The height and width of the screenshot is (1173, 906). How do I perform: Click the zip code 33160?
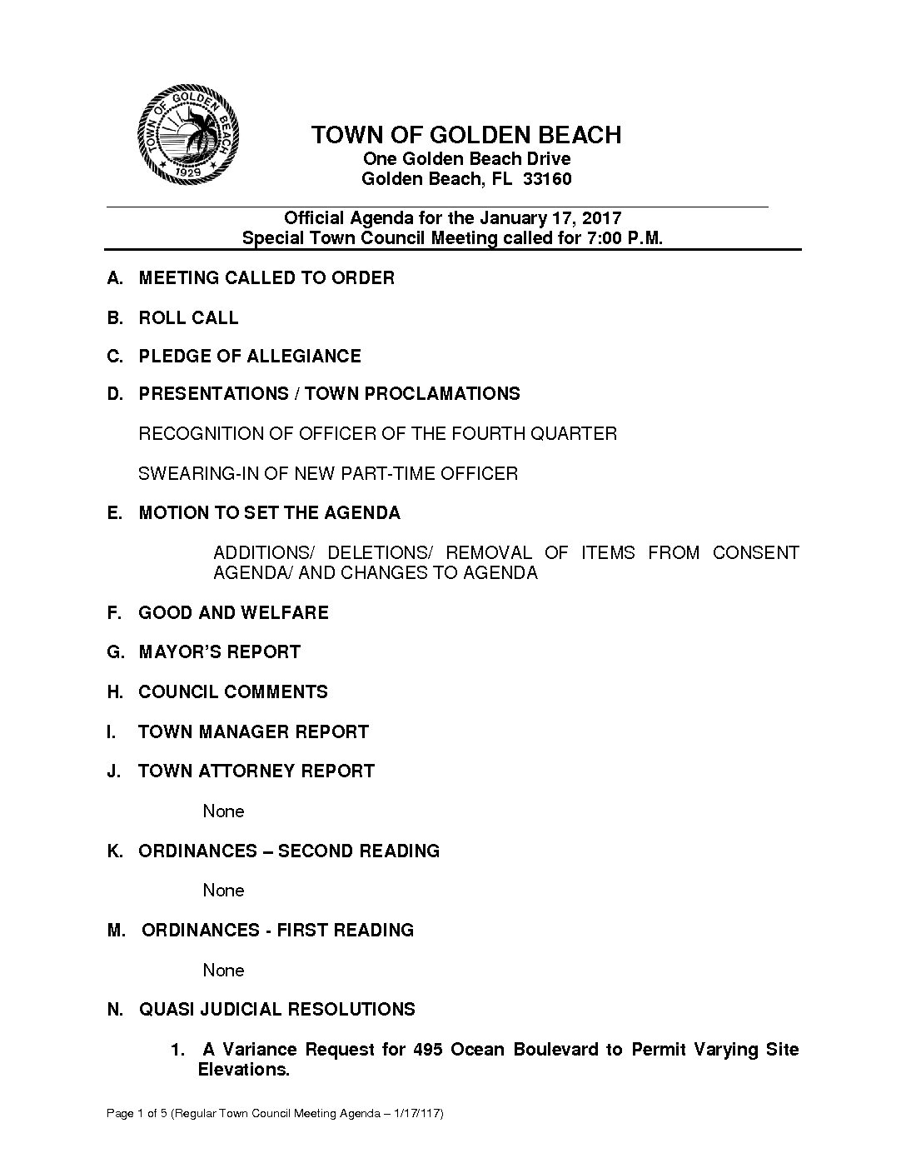point(547,179)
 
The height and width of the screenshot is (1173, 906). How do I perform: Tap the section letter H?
point(113,692)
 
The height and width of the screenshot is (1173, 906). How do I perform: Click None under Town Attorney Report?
point(223,811)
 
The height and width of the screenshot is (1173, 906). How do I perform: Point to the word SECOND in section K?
point(315,851)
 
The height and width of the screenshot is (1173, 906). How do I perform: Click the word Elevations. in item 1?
point(243,1070)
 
